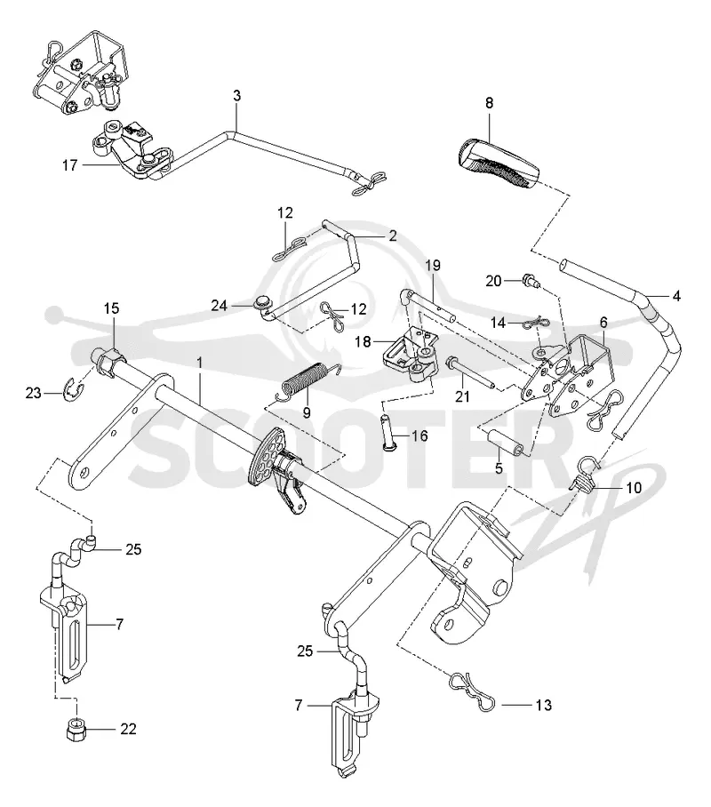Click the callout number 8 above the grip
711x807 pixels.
tap(489, 103)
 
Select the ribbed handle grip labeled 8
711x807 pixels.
tap(498, 163)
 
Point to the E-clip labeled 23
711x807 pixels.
tap(73, 390)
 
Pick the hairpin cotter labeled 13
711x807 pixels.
tap(472, 691)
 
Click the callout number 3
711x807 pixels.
tap(236, 96)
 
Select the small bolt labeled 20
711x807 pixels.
tap(531, 280)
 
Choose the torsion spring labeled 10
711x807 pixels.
tap(586, 474)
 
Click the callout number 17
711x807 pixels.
tap(69, 165)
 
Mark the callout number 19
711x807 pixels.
tap(433, 266)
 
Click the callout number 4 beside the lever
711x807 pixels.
tap(676, 296)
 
